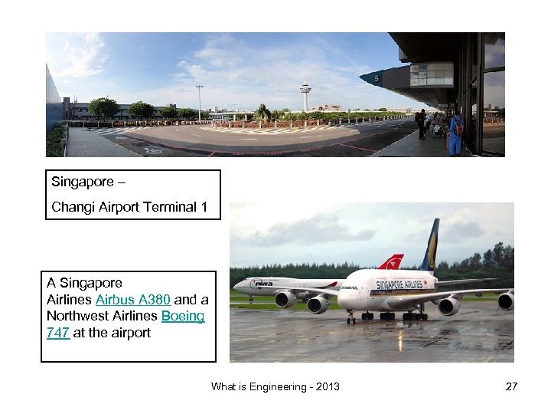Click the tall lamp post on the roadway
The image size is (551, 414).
point(199,102)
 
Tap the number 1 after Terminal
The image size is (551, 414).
point(204,207)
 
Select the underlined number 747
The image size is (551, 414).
point(58,333)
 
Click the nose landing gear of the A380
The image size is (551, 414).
point(350,315)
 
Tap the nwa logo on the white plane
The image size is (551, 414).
point(263,284)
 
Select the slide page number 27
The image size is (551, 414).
point(511,386)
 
